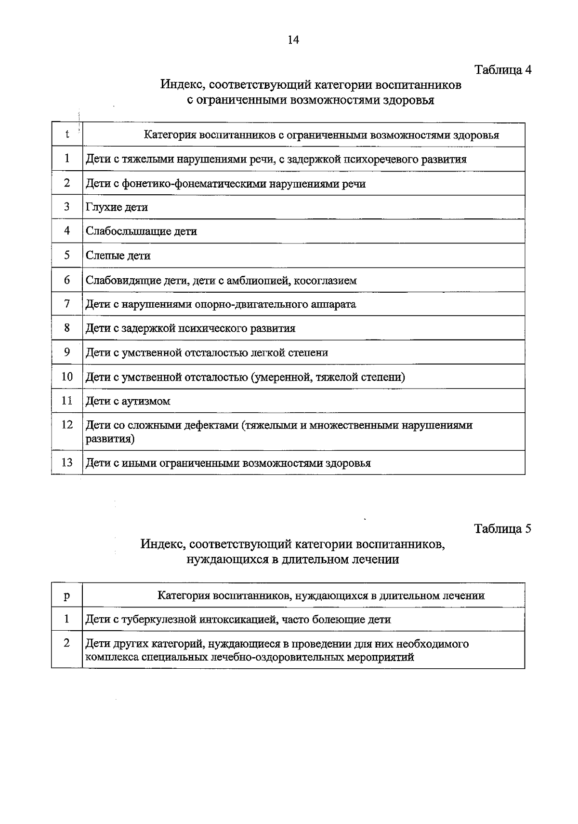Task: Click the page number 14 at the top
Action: tap(293, 40)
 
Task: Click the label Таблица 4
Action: tap(503, 69)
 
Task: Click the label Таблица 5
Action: tap(502, 528)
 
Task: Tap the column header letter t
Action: tap(67, 134)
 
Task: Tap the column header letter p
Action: tap(67, 595)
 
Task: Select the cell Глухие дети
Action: tap(117, 207)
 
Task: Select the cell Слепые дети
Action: tap(118, 256)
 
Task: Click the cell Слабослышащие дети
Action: tap(141, 231)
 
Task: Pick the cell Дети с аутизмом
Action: tap(128, 401)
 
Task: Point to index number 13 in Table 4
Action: tap(67, 462)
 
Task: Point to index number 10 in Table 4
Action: tap(67, 377)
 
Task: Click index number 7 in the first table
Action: tap(67, 304)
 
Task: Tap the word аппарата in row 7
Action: tap(332, 304)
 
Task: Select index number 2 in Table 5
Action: tap(67, 643)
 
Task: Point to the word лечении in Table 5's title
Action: tap(375, 559)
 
